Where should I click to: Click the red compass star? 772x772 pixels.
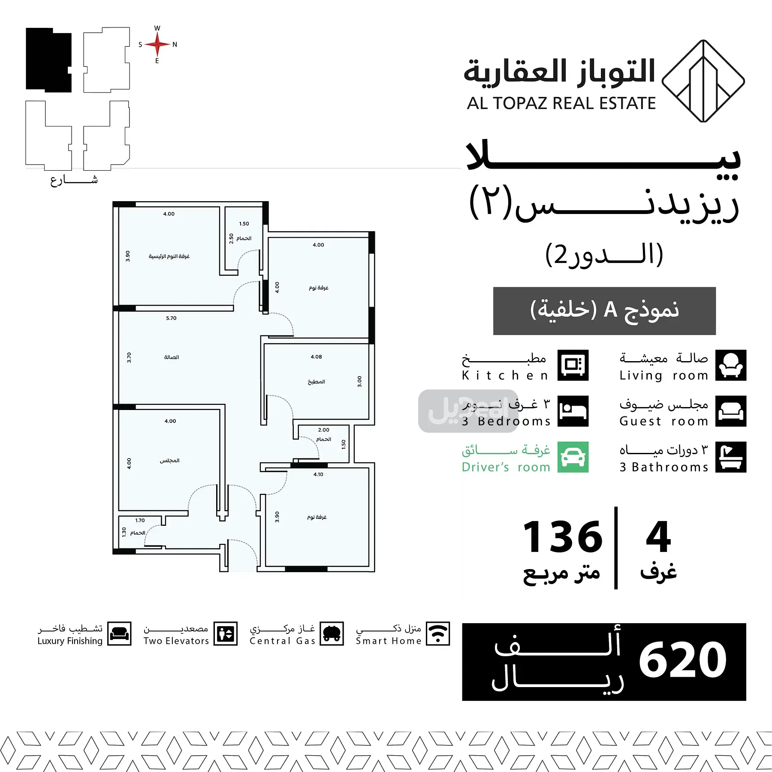(157, 44)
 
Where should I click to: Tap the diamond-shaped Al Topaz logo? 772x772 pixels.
(703, 81)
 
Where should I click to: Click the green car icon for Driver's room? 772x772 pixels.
(573, 457)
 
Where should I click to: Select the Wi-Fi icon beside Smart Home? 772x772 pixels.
(438, 633)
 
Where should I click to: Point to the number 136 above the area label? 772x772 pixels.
(562, 537)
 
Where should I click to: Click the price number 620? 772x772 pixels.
(682, 660)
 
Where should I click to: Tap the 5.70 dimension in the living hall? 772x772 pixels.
(171, 318)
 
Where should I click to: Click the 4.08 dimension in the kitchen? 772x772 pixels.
(316, 357)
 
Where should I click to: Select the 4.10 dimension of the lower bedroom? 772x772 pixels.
(318, 474)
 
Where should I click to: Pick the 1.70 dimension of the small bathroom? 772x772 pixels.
(140, 520)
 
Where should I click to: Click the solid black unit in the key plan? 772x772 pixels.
(48, 60)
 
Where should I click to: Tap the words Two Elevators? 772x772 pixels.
(176, 641)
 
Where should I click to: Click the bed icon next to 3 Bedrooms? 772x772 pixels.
(573, 411)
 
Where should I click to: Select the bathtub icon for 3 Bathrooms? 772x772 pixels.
(731, 457)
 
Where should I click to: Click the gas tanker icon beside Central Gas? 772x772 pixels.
(332, 633)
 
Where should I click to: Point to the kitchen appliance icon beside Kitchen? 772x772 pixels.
(573, 365)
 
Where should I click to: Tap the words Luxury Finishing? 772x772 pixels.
(70, 641)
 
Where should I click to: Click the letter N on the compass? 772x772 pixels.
(175, 45)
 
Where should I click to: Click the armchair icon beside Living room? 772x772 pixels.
(731, 365)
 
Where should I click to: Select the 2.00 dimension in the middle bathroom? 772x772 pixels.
(324, 430)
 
